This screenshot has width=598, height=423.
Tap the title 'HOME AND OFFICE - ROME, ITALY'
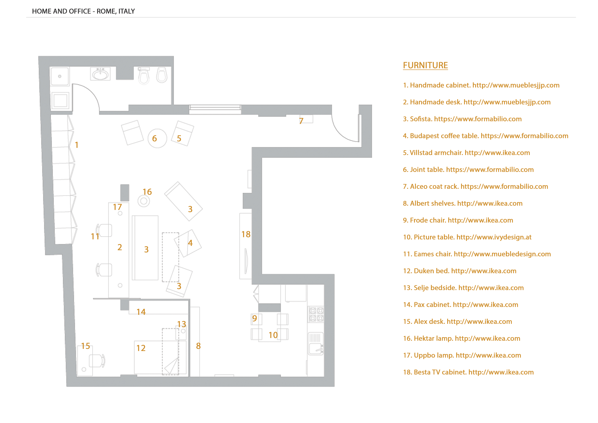pyautogui.click(x=83, y=11)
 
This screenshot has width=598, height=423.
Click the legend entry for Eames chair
pyautogui.click(x=477, y=254)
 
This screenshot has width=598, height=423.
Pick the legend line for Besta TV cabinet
pyautogui.click(x=468, y=372)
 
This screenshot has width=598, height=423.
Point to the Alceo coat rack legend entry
pyautogui.click(x=475, y=187)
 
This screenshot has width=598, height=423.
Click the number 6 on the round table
pyautogui.click(x=154, y=139)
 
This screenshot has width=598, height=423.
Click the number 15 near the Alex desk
pyautogui.click(x=85, y=346)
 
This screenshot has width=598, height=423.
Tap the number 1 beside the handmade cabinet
pyautogui.click(x=77, y=145)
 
